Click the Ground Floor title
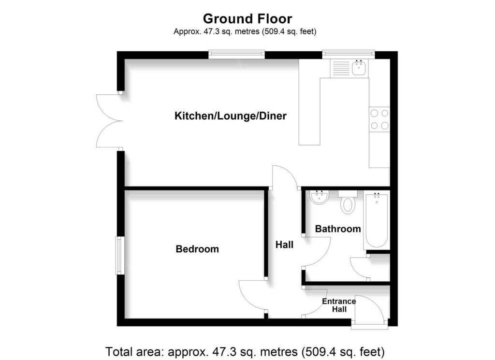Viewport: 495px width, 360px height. coord(247,19)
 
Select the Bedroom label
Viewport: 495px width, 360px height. coord(197,249)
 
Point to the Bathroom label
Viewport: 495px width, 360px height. coord(338,229)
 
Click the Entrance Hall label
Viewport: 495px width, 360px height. coord(339,305)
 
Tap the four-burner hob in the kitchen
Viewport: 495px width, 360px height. coord(379,119)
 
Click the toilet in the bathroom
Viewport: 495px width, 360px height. coord(347,203)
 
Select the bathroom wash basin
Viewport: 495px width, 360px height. coord(319,197)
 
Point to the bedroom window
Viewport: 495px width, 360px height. coord(120,255)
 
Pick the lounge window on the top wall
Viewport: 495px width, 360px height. coord(236,54)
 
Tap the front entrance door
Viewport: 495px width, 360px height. coord(370,309)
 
